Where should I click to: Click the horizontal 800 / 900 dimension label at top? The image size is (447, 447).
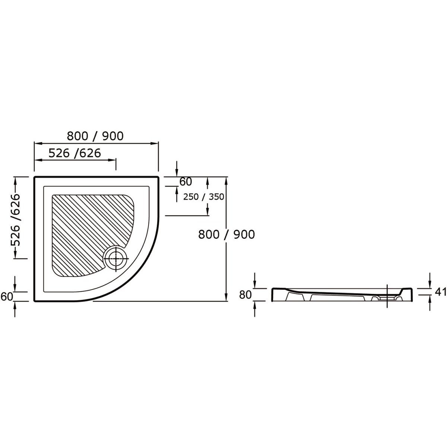(x=95, y=136)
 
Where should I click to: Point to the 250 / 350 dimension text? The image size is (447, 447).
(x=203, y=197)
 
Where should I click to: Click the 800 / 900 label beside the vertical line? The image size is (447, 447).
(x=226, y=235)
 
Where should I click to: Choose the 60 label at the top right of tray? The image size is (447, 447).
(x=186, y=182)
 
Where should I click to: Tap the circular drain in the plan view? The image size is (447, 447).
(x=116, y=259)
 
